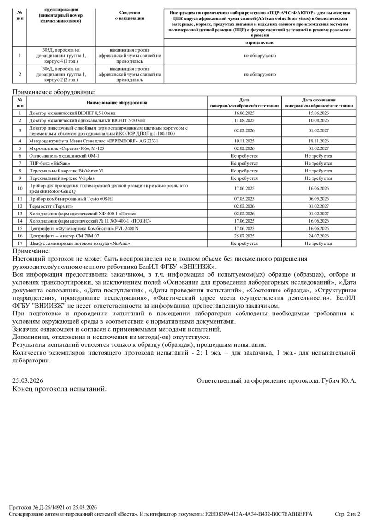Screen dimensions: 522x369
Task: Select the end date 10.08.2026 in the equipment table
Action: [x=318, y=120]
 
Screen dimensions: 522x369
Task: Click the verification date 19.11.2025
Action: [x=244, y=141]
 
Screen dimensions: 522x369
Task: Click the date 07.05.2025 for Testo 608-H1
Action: [x=244, y=199]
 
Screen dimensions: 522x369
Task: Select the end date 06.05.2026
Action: [x=318, y=199]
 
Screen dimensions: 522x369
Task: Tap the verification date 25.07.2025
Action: [x=244, y=236]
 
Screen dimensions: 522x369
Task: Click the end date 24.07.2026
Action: [x=318, y=236]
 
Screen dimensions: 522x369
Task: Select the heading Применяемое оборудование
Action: [x=54, y=92]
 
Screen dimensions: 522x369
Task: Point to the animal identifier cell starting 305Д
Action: [x=61, y=55]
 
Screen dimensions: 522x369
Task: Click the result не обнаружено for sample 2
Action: [x=260, y=74]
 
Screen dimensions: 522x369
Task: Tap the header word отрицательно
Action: [x=260, y=42]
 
